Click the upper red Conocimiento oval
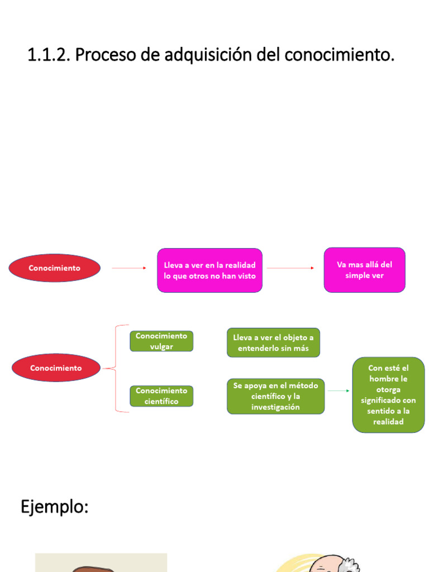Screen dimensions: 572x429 [55, 268]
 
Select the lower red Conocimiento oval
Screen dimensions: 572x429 [56, 368]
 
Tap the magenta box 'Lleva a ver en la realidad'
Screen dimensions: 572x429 [209, 270]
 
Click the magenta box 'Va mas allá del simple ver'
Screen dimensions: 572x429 [364, 270]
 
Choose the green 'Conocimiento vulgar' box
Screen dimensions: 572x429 [161, 341]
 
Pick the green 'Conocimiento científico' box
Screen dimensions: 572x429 [161, 396]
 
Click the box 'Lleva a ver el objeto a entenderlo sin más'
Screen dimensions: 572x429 [273, 343]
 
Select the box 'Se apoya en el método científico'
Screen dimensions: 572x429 [275, 396]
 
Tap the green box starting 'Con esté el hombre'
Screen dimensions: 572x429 [388, 395]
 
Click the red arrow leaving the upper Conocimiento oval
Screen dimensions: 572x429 [128, 268]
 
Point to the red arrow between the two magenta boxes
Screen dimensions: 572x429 [290, 268]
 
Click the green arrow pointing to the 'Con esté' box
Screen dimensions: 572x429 [339, 391]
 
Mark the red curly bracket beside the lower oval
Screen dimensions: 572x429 [116, 369]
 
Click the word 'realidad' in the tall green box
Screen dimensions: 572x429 [388, 422]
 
